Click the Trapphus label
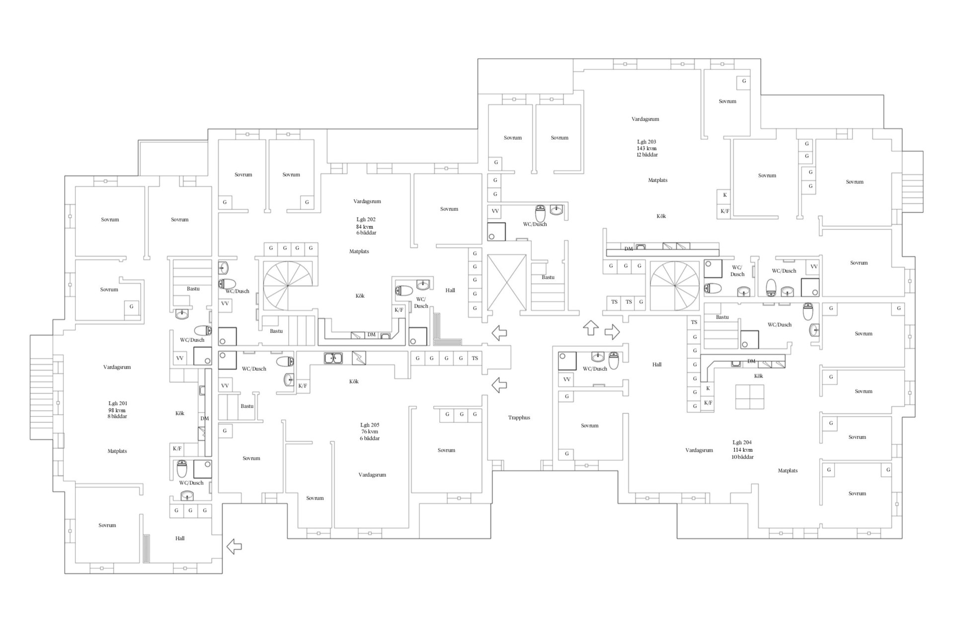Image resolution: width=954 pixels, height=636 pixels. point(519,417)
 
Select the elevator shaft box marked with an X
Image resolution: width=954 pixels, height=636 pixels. point(506,282)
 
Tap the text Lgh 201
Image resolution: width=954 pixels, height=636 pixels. point(117,403)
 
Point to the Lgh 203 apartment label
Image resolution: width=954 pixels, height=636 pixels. point(646,142)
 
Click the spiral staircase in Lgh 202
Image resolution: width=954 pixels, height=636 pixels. point(288,286)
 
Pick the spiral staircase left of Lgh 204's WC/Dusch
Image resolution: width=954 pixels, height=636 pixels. point(675,286)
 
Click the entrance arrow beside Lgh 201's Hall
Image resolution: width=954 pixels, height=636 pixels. point(234,547)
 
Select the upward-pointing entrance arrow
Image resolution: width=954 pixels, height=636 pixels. point(591,328)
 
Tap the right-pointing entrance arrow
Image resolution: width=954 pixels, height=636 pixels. point(612,332)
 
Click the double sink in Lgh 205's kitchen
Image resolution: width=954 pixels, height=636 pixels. point(333,358)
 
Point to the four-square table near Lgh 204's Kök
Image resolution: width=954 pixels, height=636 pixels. point(750,397)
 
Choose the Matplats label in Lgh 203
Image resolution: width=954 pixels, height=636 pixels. point(657,180)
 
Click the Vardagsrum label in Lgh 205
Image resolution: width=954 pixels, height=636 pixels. point(372,475)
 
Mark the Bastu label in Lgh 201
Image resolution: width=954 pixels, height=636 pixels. point(193,289)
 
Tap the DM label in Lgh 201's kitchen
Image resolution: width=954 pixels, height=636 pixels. point(205,418)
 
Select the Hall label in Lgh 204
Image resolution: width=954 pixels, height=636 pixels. point(657,364)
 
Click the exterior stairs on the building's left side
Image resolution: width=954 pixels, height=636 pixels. point(41,387)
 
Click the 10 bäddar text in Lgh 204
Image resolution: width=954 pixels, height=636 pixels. point(742,457)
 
